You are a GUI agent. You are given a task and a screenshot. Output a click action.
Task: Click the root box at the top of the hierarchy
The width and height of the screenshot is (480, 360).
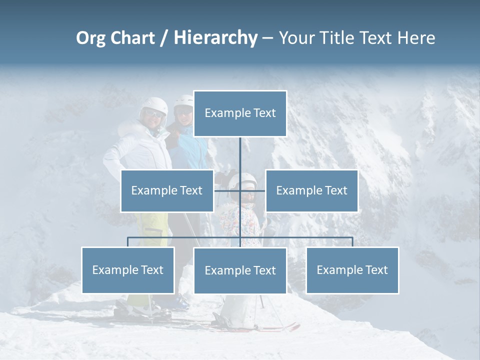pyautogui.click(x=240, y=113)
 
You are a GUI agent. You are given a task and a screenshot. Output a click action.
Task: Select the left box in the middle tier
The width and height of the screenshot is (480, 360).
pyautogui.click(x=167, y=190)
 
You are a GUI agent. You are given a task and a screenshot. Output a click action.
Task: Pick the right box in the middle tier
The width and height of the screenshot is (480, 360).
pyautogui.click(x=311, y=190)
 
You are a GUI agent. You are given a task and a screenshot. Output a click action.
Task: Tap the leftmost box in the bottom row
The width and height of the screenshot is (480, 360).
pyautogui.click(x=128, y=270)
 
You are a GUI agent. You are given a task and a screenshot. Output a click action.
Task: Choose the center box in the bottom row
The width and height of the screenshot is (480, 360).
pyautogui.click(x=240, y=270)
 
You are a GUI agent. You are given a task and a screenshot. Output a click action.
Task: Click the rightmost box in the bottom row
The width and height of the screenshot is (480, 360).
pyautogui.click(x=352, y=270)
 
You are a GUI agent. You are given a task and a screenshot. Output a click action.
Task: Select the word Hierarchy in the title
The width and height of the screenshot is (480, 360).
pyautogui.click(x=215, y=38)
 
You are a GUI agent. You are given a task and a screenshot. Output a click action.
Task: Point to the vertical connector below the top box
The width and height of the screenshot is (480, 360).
pyautogui.click(x=240, y=155)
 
